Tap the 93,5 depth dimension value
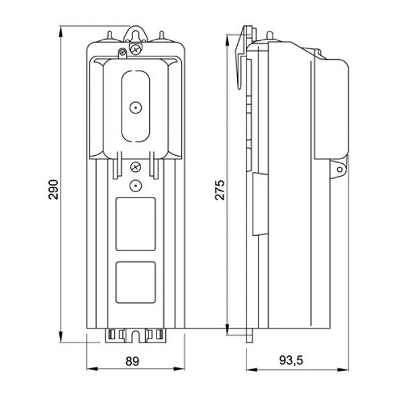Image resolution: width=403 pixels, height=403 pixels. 292,361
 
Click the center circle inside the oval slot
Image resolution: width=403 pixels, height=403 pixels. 136,107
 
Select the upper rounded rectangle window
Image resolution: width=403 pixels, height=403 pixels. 136,223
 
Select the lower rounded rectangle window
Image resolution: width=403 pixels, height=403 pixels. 136,281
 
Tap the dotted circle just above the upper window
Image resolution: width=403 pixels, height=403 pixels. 136,185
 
